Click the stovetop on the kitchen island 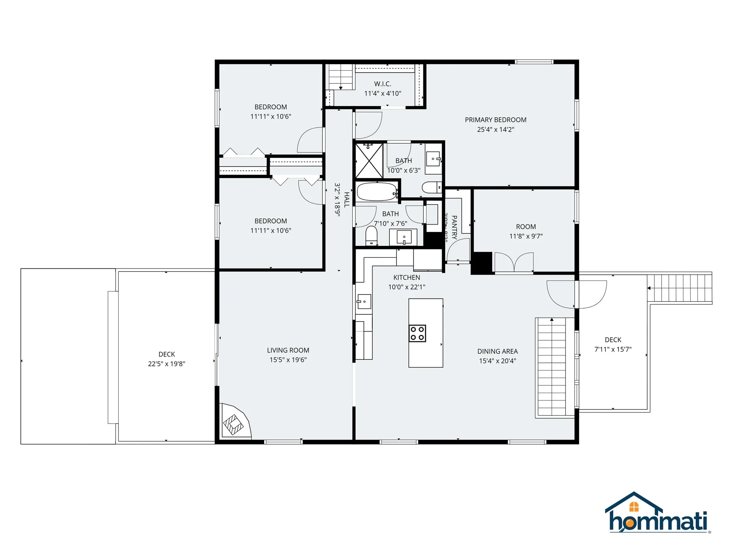pyautogui.click(x=417, y=333)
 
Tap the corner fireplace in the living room pyautogui.click(x=234, y=423)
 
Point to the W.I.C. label pyautogui.click(x=383, y=84)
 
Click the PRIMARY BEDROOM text pyautogui.click(x=496, y=120)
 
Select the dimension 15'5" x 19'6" pyautogui.click(x=288, y=360)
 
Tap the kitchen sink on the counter pyautogui.click(x=364, y=301)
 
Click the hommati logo pyautogui.click(x=658, y=513)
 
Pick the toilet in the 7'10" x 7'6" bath pyautogui.click(x=371, y=235)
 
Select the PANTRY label pyautogui.click(x=454, y=227)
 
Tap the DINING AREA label pyautogui.click(x=497, y=351)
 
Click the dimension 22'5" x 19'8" pyautogui.click(x=166, y=364)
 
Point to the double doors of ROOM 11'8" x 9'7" pyautogui.click(x=514, y=262)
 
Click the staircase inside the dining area pyautogui.click(x=551, y=367)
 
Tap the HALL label pyautogui.click(x=347, y=200)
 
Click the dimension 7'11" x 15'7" pyautogui.click(x=613, y=349)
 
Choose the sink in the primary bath pyautogui.click(x=433, y=159)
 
